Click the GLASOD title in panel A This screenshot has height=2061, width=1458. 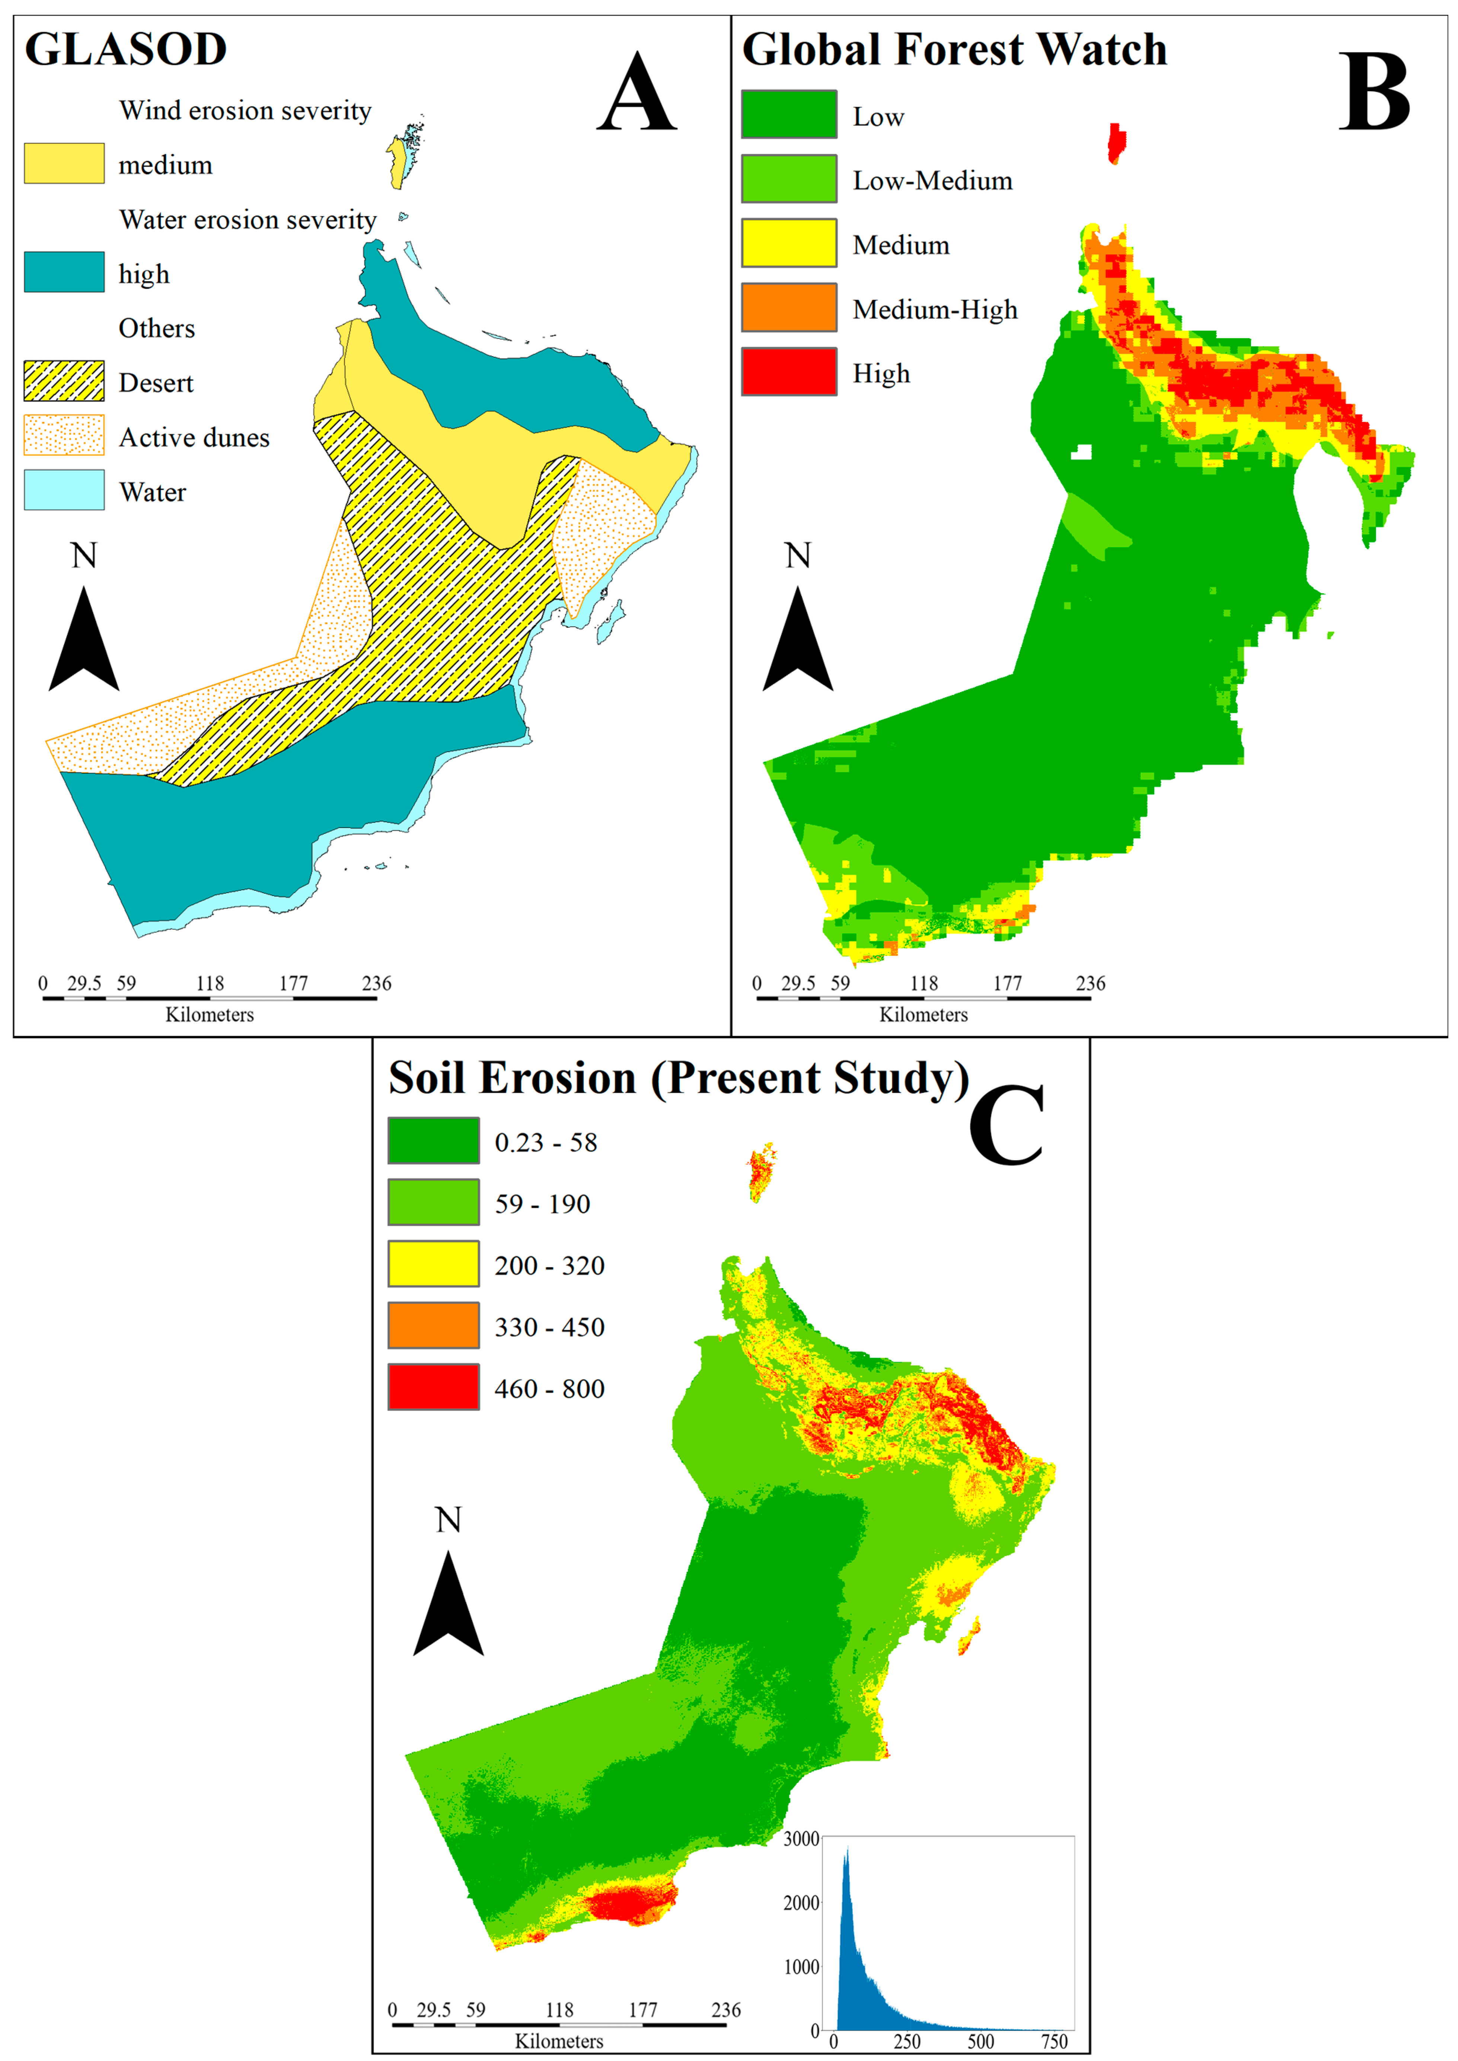(126, 49)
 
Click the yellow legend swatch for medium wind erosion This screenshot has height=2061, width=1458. (64, 163)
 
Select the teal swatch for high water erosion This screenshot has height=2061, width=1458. (64, 272)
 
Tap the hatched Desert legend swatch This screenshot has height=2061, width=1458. (64, 381)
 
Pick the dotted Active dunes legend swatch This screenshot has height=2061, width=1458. (64, 435)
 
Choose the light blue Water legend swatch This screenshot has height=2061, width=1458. (64, 490)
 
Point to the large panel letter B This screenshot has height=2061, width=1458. (1374, 92)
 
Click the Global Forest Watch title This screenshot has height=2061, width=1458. (954, 49)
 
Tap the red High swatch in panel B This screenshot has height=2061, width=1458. (788, 372)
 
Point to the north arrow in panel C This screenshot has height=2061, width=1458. (448, 1602)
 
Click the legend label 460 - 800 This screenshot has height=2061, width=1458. (549, 1389)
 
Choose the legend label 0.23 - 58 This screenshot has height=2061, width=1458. (546, 1143)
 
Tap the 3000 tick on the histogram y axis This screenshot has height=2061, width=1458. (801, 1838)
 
